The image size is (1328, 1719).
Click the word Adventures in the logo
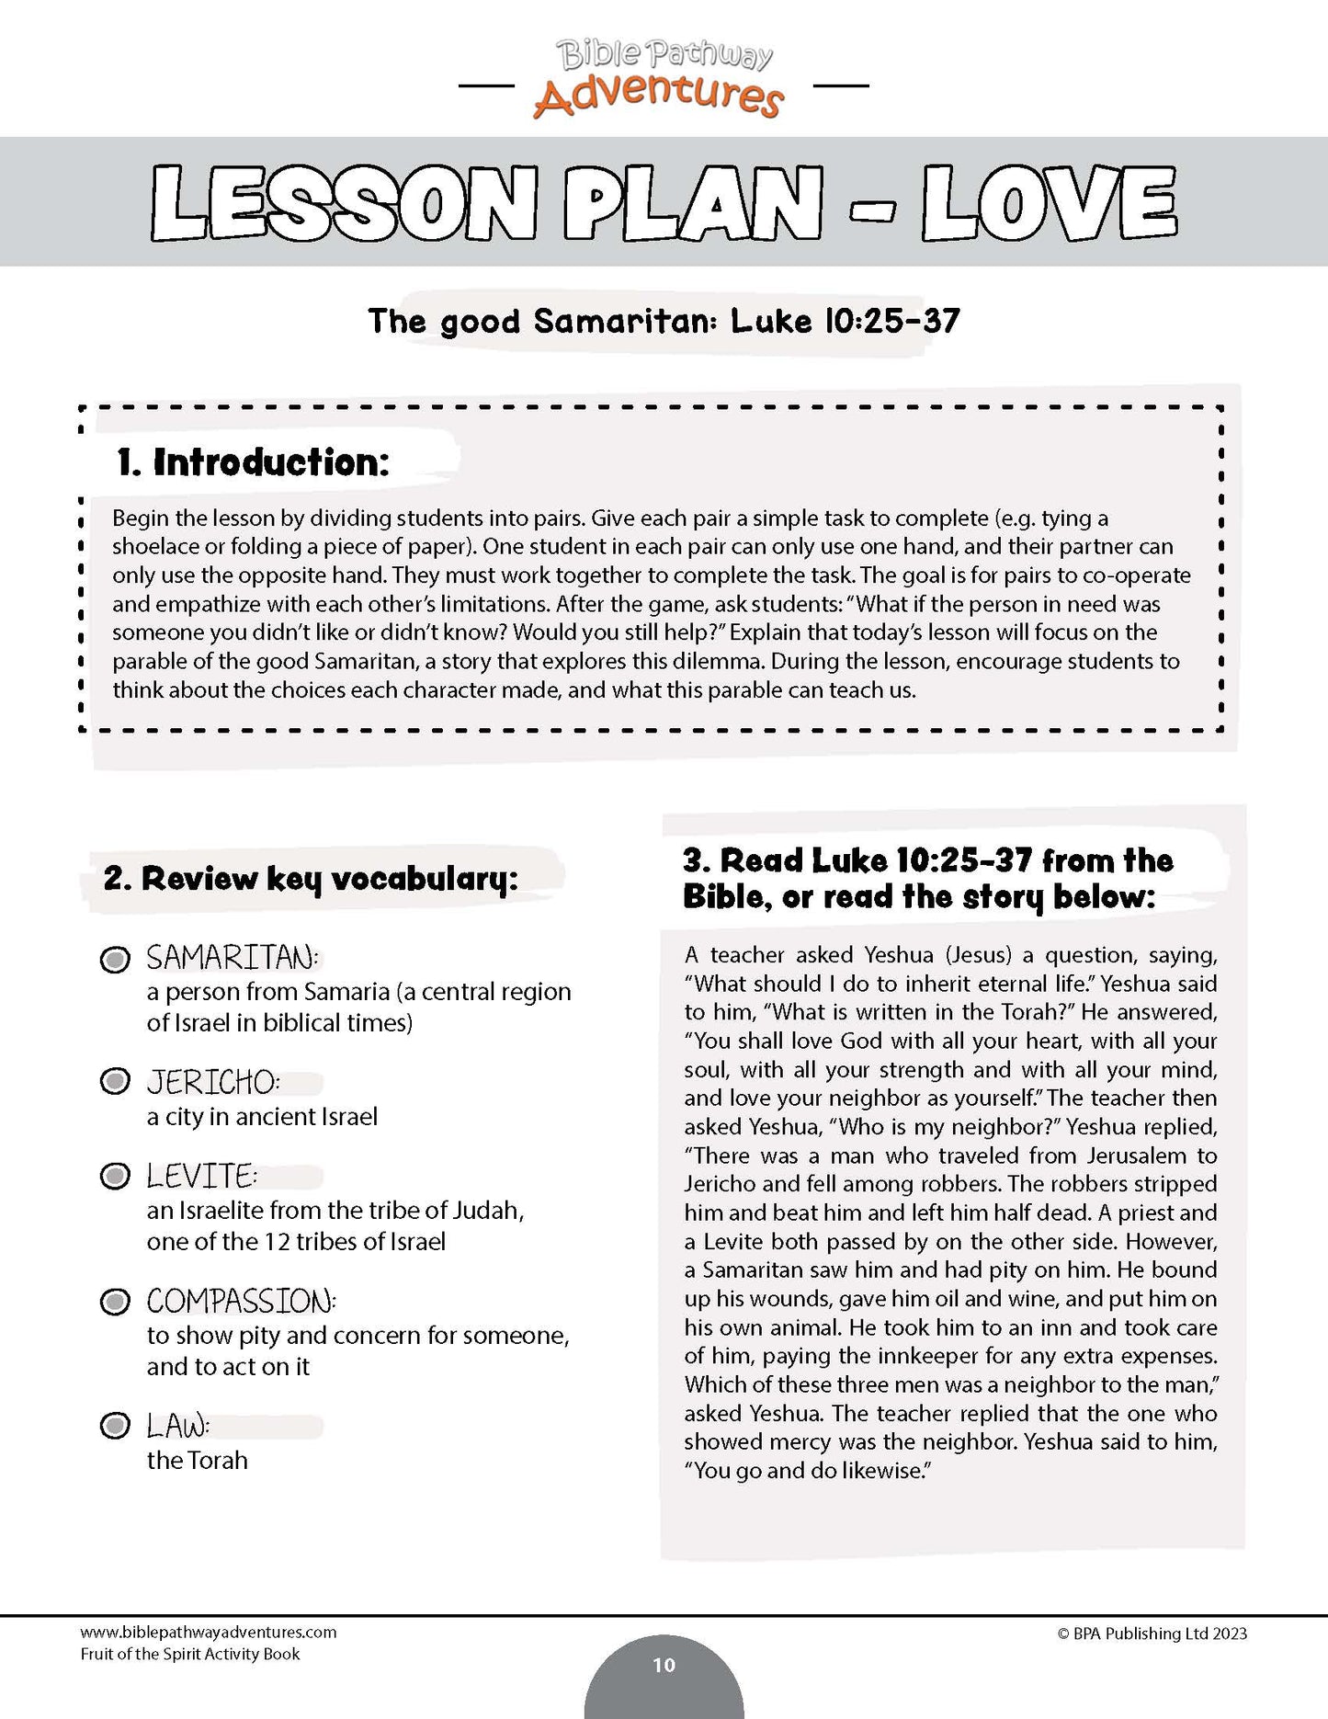[x=658, y=97]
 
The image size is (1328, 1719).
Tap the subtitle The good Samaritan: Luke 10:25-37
[x=664, y=322]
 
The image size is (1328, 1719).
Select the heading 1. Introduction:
[x=253, y=462]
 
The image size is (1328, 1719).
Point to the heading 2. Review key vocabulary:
[x=311, y=879]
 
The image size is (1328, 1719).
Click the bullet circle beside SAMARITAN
[x=115, y=961]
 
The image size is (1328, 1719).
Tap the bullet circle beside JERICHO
[x=115, y=1082]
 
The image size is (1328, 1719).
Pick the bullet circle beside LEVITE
[x=115, y=1177]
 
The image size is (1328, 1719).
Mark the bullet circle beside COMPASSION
[x=115, y=1302]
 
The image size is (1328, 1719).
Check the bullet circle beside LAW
[x=115, y=1427]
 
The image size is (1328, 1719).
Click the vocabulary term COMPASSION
[x=241, y=1302]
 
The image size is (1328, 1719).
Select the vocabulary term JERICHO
[x=212, y=1083]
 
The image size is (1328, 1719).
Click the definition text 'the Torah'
[x=198, y=1461]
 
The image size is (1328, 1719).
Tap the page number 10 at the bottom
[x=664, y=1665]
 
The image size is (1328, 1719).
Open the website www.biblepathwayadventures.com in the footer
[x=209, y=1633]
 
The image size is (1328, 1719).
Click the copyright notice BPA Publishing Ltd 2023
[x=1152, y=1634]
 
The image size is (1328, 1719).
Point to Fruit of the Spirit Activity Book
[x=190, y=1654]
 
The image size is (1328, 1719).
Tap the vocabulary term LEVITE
[x=201, y=1177]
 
